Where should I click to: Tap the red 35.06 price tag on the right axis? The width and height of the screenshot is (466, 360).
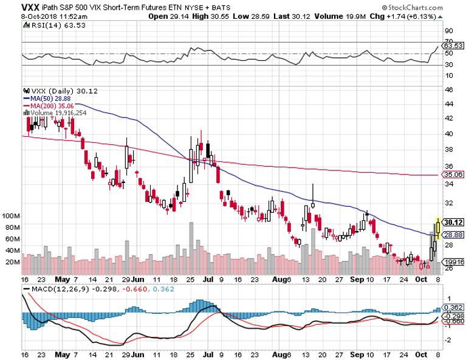(454, 175)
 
